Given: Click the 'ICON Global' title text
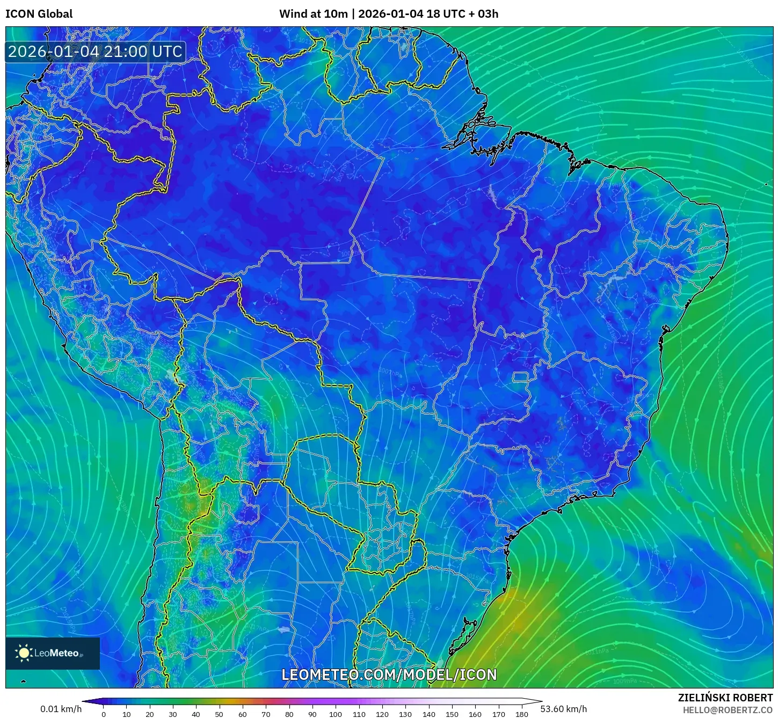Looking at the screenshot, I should [39, 14].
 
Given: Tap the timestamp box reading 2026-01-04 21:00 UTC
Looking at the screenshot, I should [95, 52].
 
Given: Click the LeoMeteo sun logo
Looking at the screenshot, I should [24, 653].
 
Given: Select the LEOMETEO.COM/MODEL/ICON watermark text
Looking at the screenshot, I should [389, 675].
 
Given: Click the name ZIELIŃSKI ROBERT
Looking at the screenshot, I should [725, 698].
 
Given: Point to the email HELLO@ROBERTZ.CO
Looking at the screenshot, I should [728, 710].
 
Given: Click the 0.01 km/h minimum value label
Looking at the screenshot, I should [61, 709].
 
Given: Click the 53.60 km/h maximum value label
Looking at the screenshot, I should [563, 709].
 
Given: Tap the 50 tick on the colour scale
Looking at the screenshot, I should [219, 714].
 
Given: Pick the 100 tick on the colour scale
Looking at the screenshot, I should [336, 714].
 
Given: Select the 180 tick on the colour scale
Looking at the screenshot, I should [522, 714].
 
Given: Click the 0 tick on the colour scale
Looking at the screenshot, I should [104, 714].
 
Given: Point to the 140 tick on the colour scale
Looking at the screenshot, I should [429, 714].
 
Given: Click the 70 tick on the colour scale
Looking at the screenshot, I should [266, 714].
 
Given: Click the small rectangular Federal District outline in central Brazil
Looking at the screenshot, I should [521, 377].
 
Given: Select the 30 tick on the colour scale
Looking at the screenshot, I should [173, 714].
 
